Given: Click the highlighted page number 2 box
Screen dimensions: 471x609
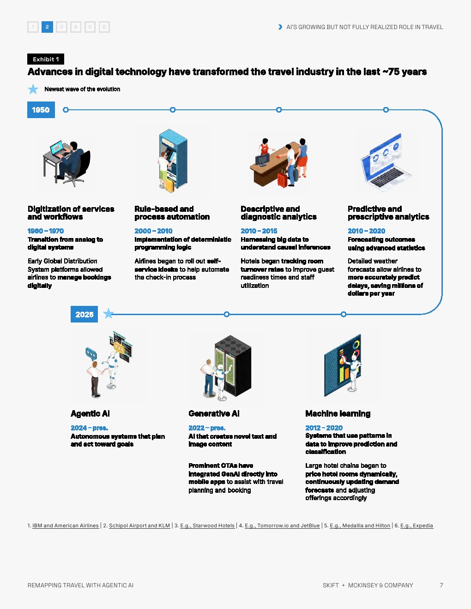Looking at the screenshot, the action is [x=47, y=27].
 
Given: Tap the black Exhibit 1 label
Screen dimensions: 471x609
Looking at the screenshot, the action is [x=46, y=59].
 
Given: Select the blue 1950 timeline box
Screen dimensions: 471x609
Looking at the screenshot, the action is [x=41, y=110].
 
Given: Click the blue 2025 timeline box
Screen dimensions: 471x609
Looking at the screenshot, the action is [x=84, y=314].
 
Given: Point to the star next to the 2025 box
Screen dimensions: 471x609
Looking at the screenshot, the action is [x=109, y=313].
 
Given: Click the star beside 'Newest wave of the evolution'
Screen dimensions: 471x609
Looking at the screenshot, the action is [x=33, y=89].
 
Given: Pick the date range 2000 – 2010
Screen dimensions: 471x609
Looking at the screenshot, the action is [x=153, y=231].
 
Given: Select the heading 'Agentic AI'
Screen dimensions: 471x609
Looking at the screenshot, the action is [x=90, y=413].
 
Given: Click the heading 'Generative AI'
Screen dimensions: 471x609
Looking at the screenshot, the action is [x=214, y=413].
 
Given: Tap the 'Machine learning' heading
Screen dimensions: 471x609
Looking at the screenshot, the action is [x=338, y=413].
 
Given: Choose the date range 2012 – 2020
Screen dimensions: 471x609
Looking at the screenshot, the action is [x=324, y=428].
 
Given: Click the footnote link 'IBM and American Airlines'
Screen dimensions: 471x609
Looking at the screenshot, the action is [x=66, y=525].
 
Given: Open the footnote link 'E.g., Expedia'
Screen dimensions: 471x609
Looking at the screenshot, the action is [x=417, y=525].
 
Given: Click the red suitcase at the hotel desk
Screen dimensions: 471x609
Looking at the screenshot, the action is [x=283, y=180].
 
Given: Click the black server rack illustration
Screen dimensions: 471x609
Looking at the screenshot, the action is [x=233, y=365].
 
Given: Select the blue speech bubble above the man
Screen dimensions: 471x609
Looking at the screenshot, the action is [x=91, y=354].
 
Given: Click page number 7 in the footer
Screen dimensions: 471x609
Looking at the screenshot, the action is [x=441, y=585].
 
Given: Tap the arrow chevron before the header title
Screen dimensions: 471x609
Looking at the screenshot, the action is [x=280, y=27].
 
